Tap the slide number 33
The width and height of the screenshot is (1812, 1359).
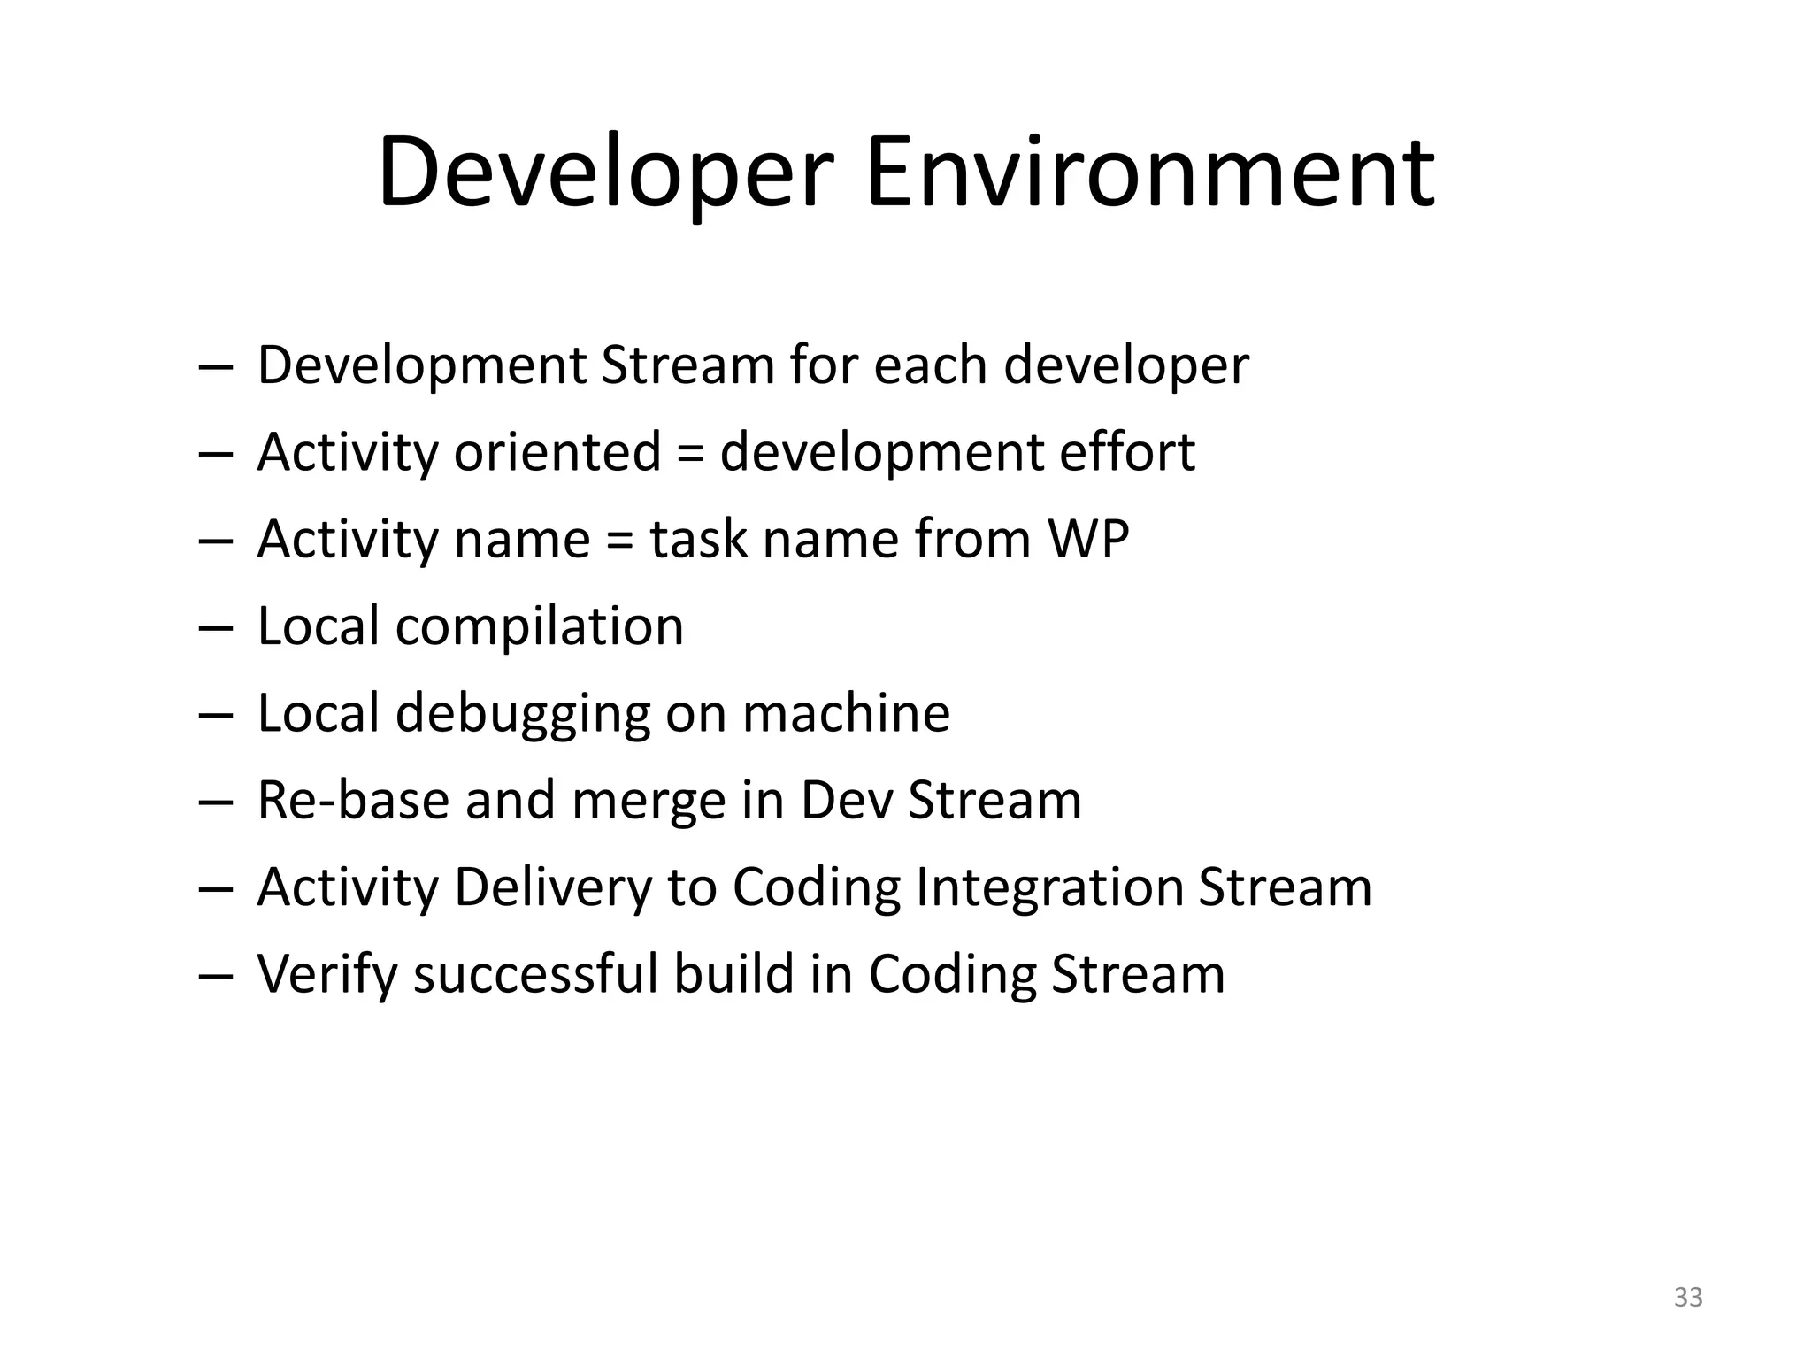coord(1688,1297)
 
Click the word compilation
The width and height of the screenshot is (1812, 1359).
coord(539,627)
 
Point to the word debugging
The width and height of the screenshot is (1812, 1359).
coord(522,714)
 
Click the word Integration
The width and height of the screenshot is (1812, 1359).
coord(1049,887)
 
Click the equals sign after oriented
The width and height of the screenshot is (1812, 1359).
coord(690,454)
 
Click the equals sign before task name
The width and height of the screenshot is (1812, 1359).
coord(620,541)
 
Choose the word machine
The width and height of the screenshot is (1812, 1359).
coord(846,714)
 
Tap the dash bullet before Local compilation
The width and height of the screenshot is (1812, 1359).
coord(215,627)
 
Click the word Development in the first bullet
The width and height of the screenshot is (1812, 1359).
coord(421,366)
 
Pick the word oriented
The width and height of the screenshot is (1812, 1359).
coord(557,452)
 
